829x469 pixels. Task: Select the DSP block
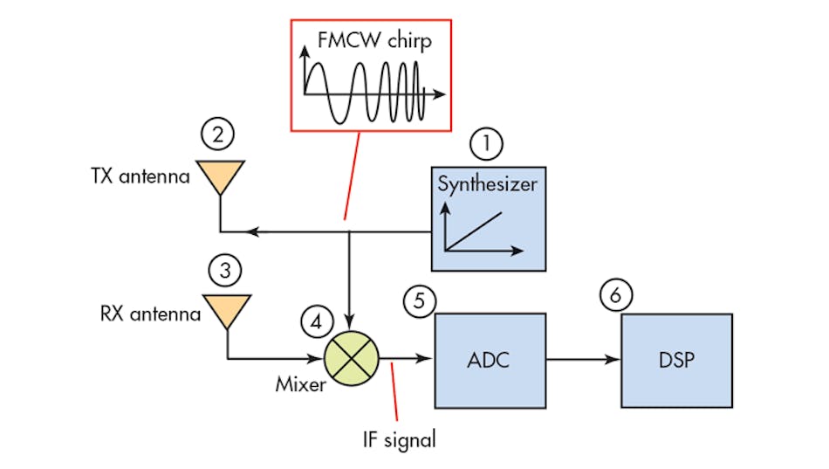677,359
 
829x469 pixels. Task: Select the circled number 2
218,135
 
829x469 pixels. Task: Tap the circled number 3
226,271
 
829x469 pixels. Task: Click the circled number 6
616,297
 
